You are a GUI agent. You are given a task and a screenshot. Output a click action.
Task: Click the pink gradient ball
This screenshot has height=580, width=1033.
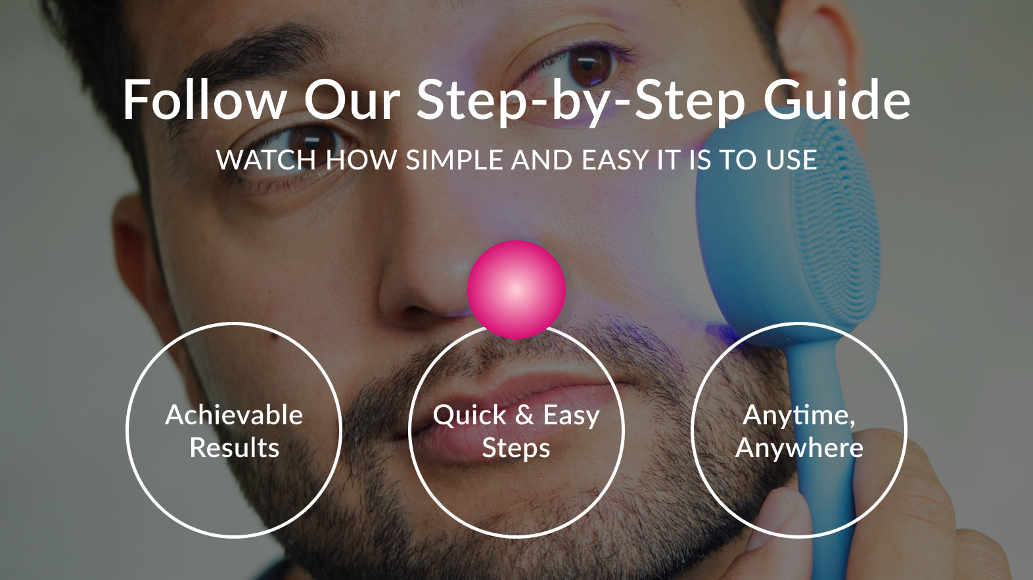coord(516,290)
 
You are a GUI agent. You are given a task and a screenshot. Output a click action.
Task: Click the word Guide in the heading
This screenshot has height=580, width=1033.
coord(837,100)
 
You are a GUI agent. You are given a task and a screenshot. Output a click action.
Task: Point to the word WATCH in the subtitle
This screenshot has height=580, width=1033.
coord(266,160)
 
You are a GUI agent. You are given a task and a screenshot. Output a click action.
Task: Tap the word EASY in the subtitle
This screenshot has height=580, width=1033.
coord(615,160)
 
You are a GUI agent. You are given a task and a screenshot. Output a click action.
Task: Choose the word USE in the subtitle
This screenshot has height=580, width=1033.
coord(791,160)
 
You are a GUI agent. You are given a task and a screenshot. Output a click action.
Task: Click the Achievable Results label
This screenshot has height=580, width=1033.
coord(235,431)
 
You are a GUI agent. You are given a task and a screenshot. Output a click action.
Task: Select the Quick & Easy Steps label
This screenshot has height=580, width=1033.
coord(516,431)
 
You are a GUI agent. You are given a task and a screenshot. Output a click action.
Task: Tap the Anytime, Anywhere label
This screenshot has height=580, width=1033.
coord(799,431)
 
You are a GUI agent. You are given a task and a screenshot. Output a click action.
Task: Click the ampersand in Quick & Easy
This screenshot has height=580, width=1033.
coord(524,415)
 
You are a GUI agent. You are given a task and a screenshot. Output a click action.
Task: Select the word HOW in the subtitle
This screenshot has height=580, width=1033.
coord(361,160)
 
